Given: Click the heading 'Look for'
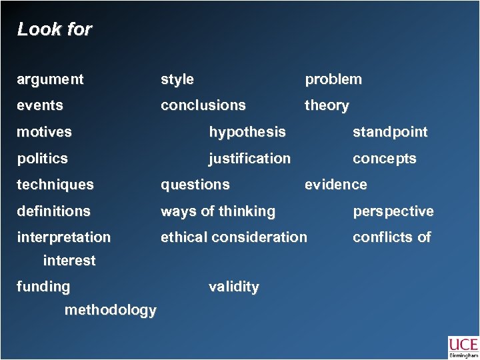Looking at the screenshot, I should (x=55, y=29).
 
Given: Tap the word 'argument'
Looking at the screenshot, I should (x=51, y=79).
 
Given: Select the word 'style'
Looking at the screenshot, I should (x=177, y=79).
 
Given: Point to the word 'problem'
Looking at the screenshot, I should (x=333, y=79).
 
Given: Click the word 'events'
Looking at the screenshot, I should (x=40, y=105).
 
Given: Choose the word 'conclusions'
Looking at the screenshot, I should (x=203, y=105).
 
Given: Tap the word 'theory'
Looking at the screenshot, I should (x=327, y=105).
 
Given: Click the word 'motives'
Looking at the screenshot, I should (x=44, y=132).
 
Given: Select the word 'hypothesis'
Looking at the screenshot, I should (x=247, y=132).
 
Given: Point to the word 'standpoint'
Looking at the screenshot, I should (x=390, y=132).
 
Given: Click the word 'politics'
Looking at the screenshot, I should (x=43, y=159).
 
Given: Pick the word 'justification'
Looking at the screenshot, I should (x=249, y=159).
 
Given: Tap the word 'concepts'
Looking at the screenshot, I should (x=384, y=159).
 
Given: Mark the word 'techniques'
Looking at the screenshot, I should (x=55, y=185).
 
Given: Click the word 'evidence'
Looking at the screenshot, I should (x=335, y=185).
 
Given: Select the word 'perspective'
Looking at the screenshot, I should (x=393, y=211).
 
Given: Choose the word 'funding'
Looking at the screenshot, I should (x=43, y=287).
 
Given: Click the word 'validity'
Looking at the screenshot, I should (x=234, y=287).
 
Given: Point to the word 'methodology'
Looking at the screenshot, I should (x=111, y=310).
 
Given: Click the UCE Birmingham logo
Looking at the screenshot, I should (x=463, y=347).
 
